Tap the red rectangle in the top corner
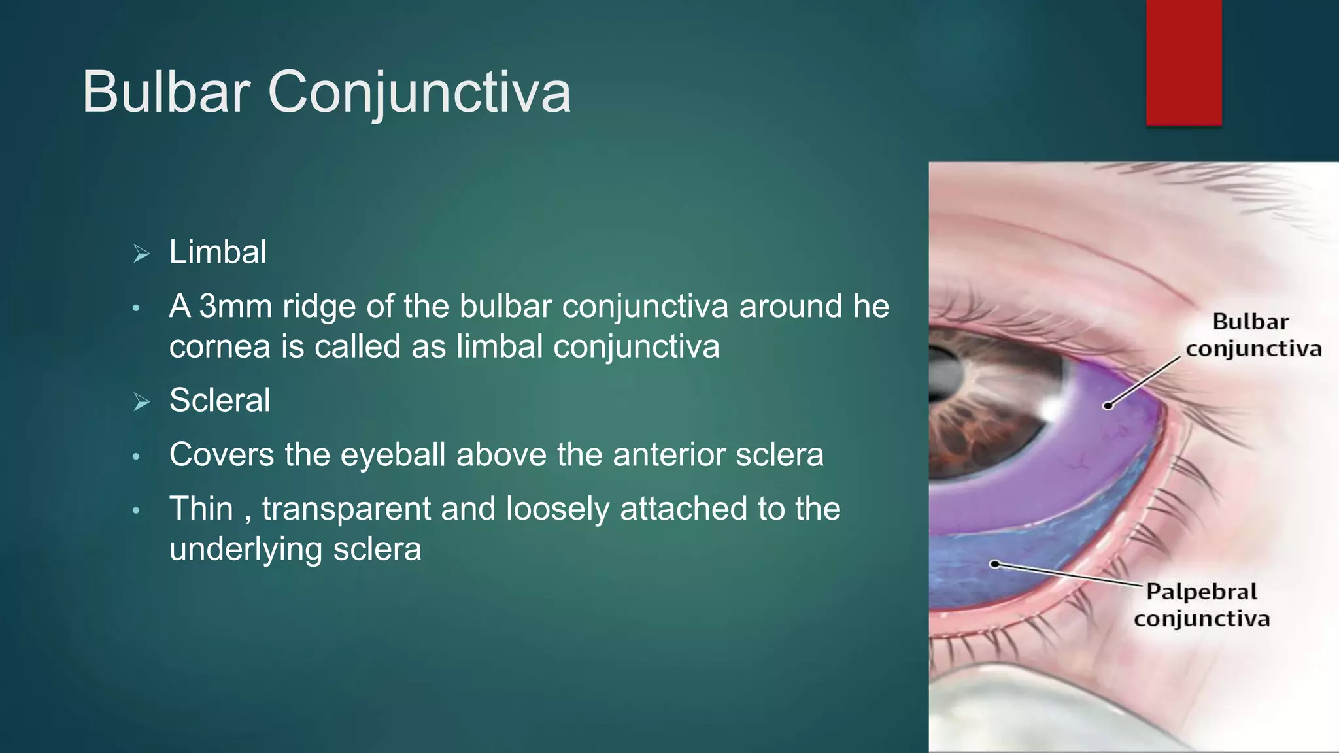coord(1183,62)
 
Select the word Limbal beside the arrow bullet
coord(218,252)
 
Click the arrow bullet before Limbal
coord(141,254)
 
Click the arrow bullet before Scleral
coord(141,402)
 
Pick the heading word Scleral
coord(220,400)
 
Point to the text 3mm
coord(235,307)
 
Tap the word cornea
coord(220,346)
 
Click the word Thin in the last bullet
coord(201,509)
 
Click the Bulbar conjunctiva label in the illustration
coord(1253,335)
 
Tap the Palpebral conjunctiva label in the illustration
coord(1202,605)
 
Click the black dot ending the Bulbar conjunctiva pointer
coord(1108,406)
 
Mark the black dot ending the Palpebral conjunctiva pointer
coord(994,564)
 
